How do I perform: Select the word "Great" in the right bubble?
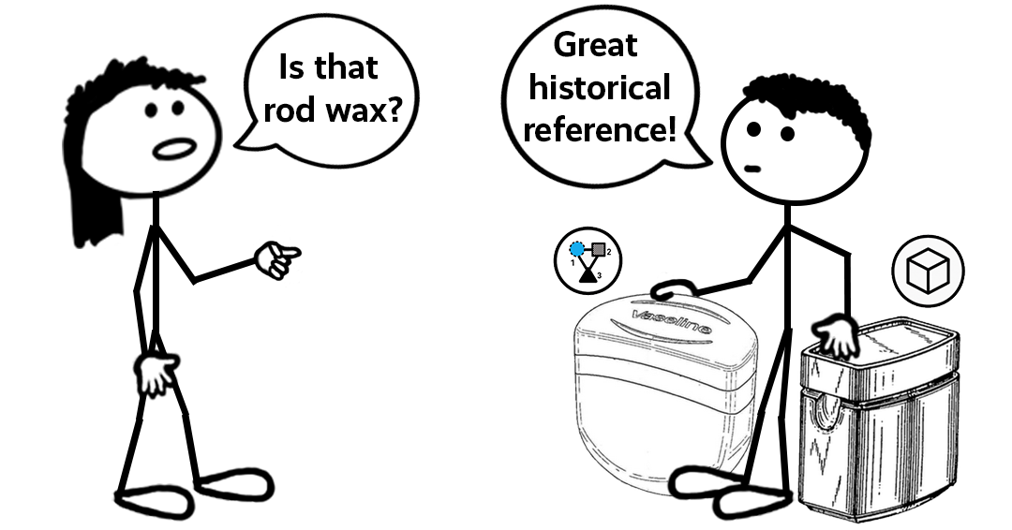(x=596, y=44)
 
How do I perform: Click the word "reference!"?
(x=599, y=128)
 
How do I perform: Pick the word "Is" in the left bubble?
(x=291, y=67)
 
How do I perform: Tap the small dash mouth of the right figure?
(x=752, y=168)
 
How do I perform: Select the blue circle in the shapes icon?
(x=578, y=250)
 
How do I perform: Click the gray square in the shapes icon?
(x=597, y=249)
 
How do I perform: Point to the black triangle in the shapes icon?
(x=588, y=275)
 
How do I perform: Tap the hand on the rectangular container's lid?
(x=838, y=338)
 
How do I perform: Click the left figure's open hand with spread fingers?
(x=156, y=374)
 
